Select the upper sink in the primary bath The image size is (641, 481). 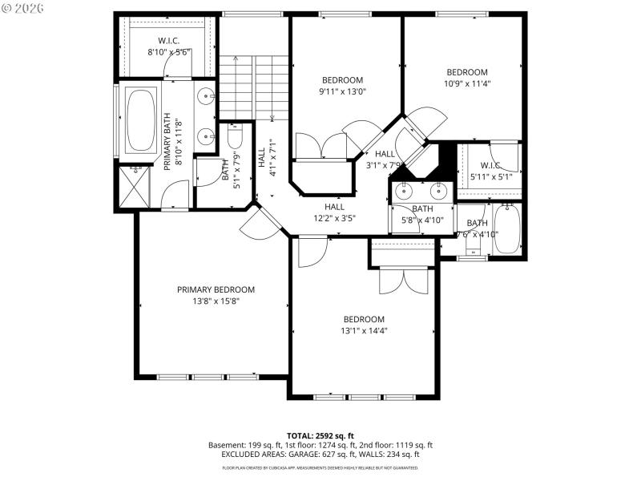click(207, 98)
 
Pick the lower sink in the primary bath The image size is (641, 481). click(207, 134)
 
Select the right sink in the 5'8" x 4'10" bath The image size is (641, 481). click(437, 191)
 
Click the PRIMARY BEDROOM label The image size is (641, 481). click(216, 289)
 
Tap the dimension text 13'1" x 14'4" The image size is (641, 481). click(365, 330)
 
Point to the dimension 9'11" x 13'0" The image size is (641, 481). click(343, 91)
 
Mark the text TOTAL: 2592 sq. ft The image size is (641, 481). click(320, 435)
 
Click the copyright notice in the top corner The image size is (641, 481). click(24, 7)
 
